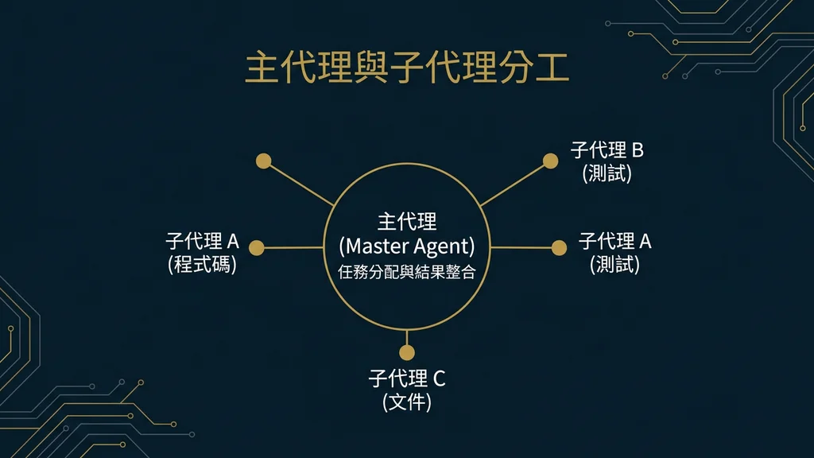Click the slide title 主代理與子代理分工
[x=406, y=68]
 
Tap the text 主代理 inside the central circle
[x=406, y=221]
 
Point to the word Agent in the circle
[x=445, y=246]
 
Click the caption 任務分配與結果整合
[x=406, y=270]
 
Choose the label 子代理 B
[x=607, y=149]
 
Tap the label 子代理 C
[x=406, y=378]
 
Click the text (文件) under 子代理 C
[x=406, y=402]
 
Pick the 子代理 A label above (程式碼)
[x=202, y=241]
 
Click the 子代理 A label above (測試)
[x=614, y=241]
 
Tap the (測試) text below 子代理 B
[x=607, y=173]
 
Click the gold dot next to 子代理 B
[x=550, y=161]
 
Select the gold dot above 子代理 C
[x=407, y=353]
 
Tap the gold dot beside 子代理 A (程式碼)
[x=256, y=248]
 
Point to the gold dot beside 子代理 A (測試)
[x=559, y=248]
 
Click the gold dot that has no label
[x=264, y=161]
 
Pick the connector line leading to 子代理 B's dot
[x=515, y=183]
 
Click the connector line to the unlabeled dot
[x=300, y=184]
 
